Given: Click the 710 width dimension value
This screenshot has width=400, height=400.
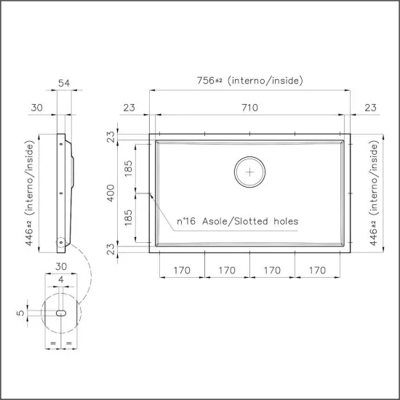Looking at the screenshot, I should coord(249,108).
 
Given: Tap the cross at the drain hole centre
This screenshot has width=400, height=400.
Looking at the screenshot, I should coord(251,172).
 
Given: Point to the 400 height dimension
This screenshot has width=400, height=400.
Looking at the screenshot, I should coord(111,193).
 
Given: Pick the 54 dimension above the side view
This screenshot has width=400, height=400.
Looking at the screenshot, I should coord(63,84).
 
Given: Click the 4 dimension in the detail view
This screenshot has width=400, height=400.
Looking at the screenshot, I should coord(63,279).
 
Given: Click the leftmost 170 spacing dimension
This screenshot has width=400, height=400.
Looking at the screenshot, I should coord(181,270).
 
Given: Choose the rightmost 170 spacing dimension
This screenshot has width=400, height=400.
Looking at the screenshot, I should coord(317,270).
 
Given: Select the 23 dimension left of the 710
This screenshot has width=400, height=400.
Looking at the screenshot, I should coord(129,108).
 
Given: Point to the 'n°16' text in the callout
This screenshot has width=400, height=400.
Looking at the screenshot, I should coord(188,221).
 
